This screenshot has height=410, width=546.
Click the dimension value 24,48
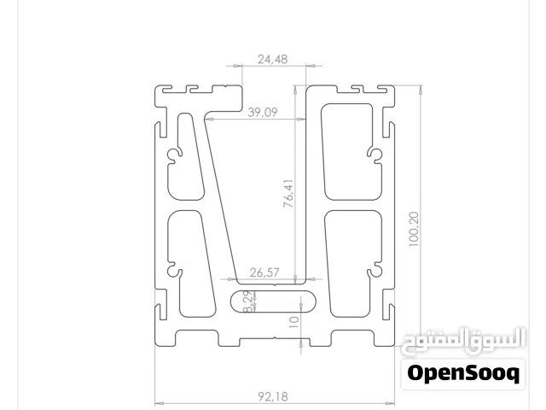(273, 59)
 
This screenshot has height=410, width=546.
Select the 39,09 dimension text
(263, 112)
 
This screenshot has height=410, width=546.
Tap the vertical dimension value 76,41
(288, 194)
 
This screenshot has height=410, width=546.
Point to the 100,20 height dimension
(414, 229)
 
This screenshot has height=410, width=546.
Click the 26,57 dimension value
(264, 272)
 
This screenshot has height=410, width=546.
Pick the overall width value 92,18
(273, 396)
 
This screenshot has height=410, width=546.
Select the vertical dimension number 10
(293, 322)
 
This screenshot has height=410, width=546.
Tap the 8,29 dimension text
(248, 302)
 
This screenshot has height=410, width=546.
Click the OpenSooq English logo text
(463, 373)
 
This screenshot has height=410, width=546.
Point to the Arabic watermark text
(463, 341)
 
